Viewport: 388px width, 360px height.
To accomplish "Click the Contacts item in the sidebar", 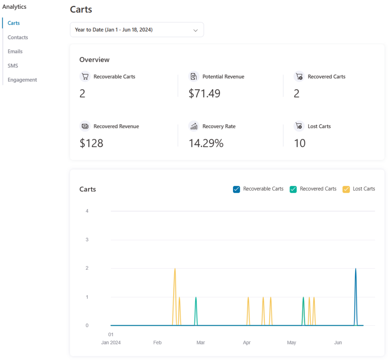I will [x=18, y=37].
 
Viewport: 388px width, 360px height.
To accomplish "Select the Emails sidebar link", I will [x=15, y=51].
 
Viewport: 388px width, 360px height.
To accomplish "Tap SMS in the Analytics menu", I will [x=13, y=66].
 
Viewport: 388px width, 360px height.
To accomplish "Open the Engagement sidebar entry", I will [x=22, y=80].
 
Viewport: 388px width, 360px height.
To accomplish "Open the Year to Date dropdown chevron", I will [x=196, y=30].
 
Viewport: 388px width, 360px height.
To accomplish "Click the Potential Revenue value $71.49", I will [x=204, y=93].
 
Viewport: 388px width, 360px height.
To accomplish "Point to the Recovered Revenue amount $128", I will [x=91, y=143].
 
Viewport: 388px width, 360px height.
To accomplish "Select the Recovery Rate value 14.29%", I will [x=206, y=143].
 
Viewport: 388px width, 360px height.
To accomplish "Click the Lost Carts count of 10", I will [x=300, y=143].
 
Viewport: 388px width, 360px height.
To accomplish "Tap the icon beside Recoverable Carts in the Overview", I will [x=85, y=77].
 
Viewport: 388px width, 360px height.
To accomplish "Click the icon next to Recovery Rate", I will [x=194, y=126].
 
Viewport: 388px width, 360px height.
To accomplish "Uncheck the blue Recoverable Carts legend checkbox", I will [x=236, y=189].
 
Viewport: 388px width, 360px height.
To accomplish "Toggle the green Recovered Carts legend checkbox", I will [x=293, y=189].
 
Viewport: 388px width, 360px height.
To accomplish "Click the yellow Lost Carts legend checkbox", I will [x=346, y=189].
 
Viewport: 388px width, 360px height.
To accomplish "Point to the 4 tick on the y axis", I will [x=87, y=211].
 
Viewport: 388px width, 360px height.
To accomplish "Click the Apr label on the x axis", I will [x=247, y=343].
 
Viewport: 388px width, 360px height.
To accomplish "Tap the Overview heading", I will [x=94, y=60].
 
